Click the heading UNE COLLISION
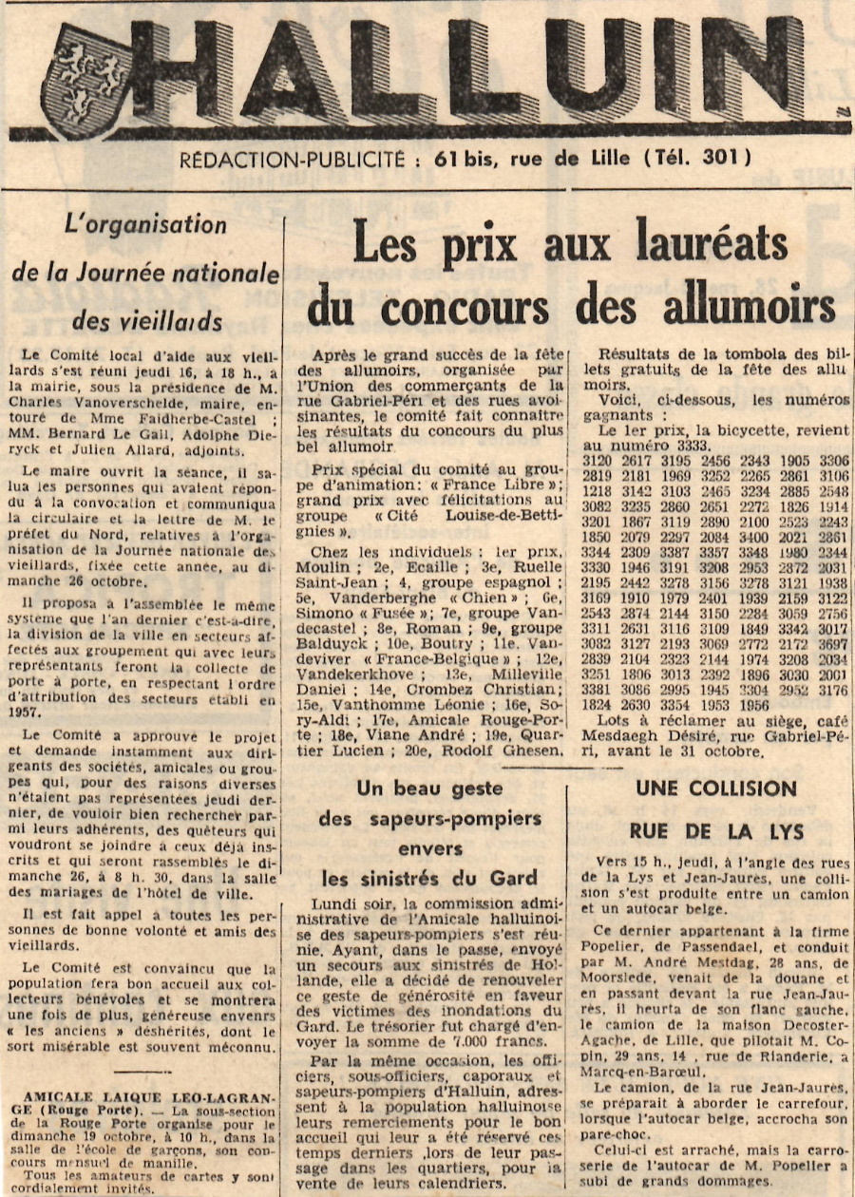point(716,788)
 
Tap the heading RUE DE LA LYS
point(716,831)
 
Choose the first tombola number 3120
point(596,461)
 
